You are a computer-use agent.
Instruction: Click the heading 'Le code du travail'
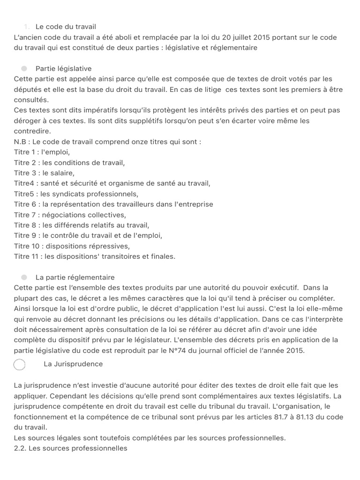[x=66, y=27]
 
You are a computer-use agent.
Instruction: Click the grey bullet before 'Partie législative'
[x=24, y=68]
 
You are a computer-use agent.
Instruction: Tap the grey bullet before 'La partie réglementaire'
[x=24, y=277]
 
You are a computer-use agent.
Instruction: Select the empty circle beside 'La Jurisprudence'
[x=20, y=364]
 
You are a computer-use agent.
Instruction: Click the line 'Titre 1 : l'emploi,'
[x=42, y=152]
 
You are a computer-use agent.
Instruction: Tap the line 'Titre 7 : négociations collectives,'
[x=70, y=215]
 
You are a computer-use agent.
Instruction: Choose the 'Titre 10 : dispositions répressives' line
[x=72, y=246]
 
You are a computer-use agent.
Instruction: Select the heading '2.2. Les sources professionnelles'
[x=71, y=448]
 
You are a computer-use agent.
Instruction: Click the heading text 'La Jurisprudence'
[x=73, y=364]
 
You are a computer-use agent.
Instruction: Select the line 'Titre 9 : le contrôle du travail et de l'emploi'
[x=89, y=235]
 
